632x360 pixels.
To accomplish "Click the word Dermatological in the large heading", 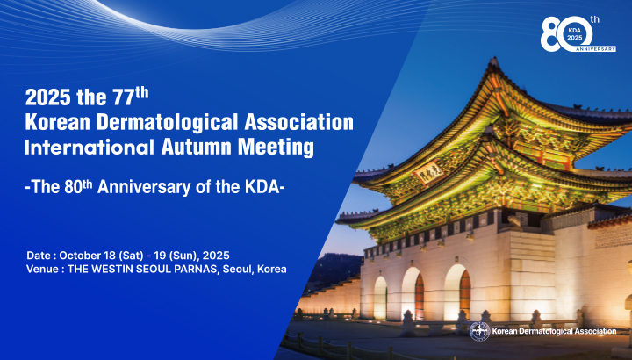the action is point(168,123).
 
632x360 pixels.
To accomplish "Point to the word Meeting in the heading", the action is point(276,148).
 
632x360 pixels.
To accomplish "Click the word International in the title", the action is point(90,147).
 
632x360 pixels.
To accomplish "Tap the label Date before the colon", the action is point(39,256).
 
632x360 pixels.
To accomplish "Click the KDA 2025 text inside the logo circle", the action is point(575,33).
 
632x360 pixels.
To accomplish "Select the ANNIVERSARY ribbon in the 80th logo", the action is point(595,49).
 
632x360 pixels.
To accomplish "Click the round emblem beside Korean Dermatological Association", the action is point(479,331).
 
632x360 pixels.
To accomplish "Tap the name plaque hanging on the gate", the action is point(429,173).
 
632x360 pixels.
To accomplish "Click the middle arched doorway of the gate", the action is point(413,294).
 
